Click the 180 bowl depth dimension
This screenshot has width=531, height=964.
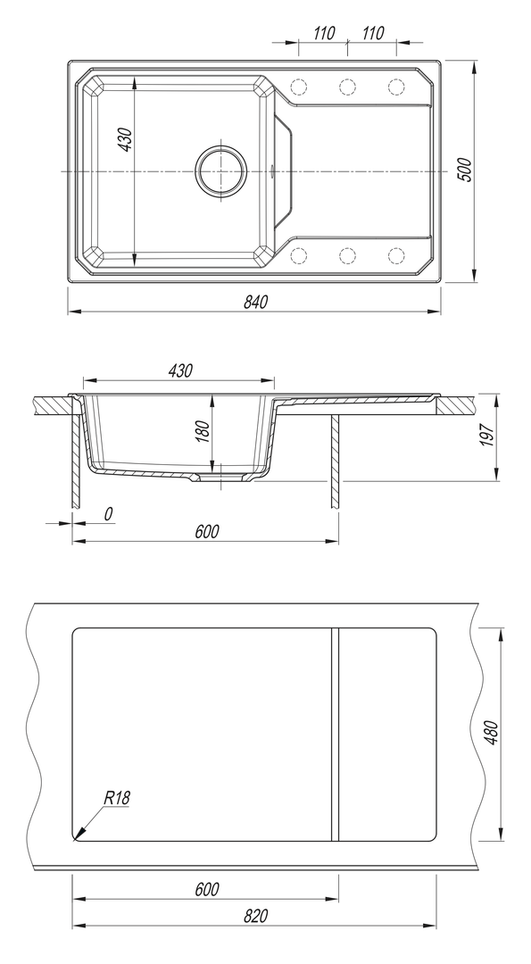202,432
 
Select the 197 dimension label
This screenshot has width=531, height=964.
486,436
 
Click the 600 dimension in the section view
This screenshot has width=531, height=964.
206,531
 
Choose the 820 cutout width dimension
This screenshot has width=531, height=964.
255,916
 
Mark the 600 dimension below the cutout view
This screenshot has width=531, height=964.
206,890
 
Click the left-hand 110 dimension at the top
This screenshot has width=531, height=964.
324,33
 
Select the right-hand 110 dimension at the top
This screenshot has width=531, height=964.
372,33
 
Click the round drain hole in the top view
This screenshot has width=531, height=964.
220,170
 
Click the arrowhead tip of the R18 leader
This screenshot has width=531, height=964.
76,837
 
